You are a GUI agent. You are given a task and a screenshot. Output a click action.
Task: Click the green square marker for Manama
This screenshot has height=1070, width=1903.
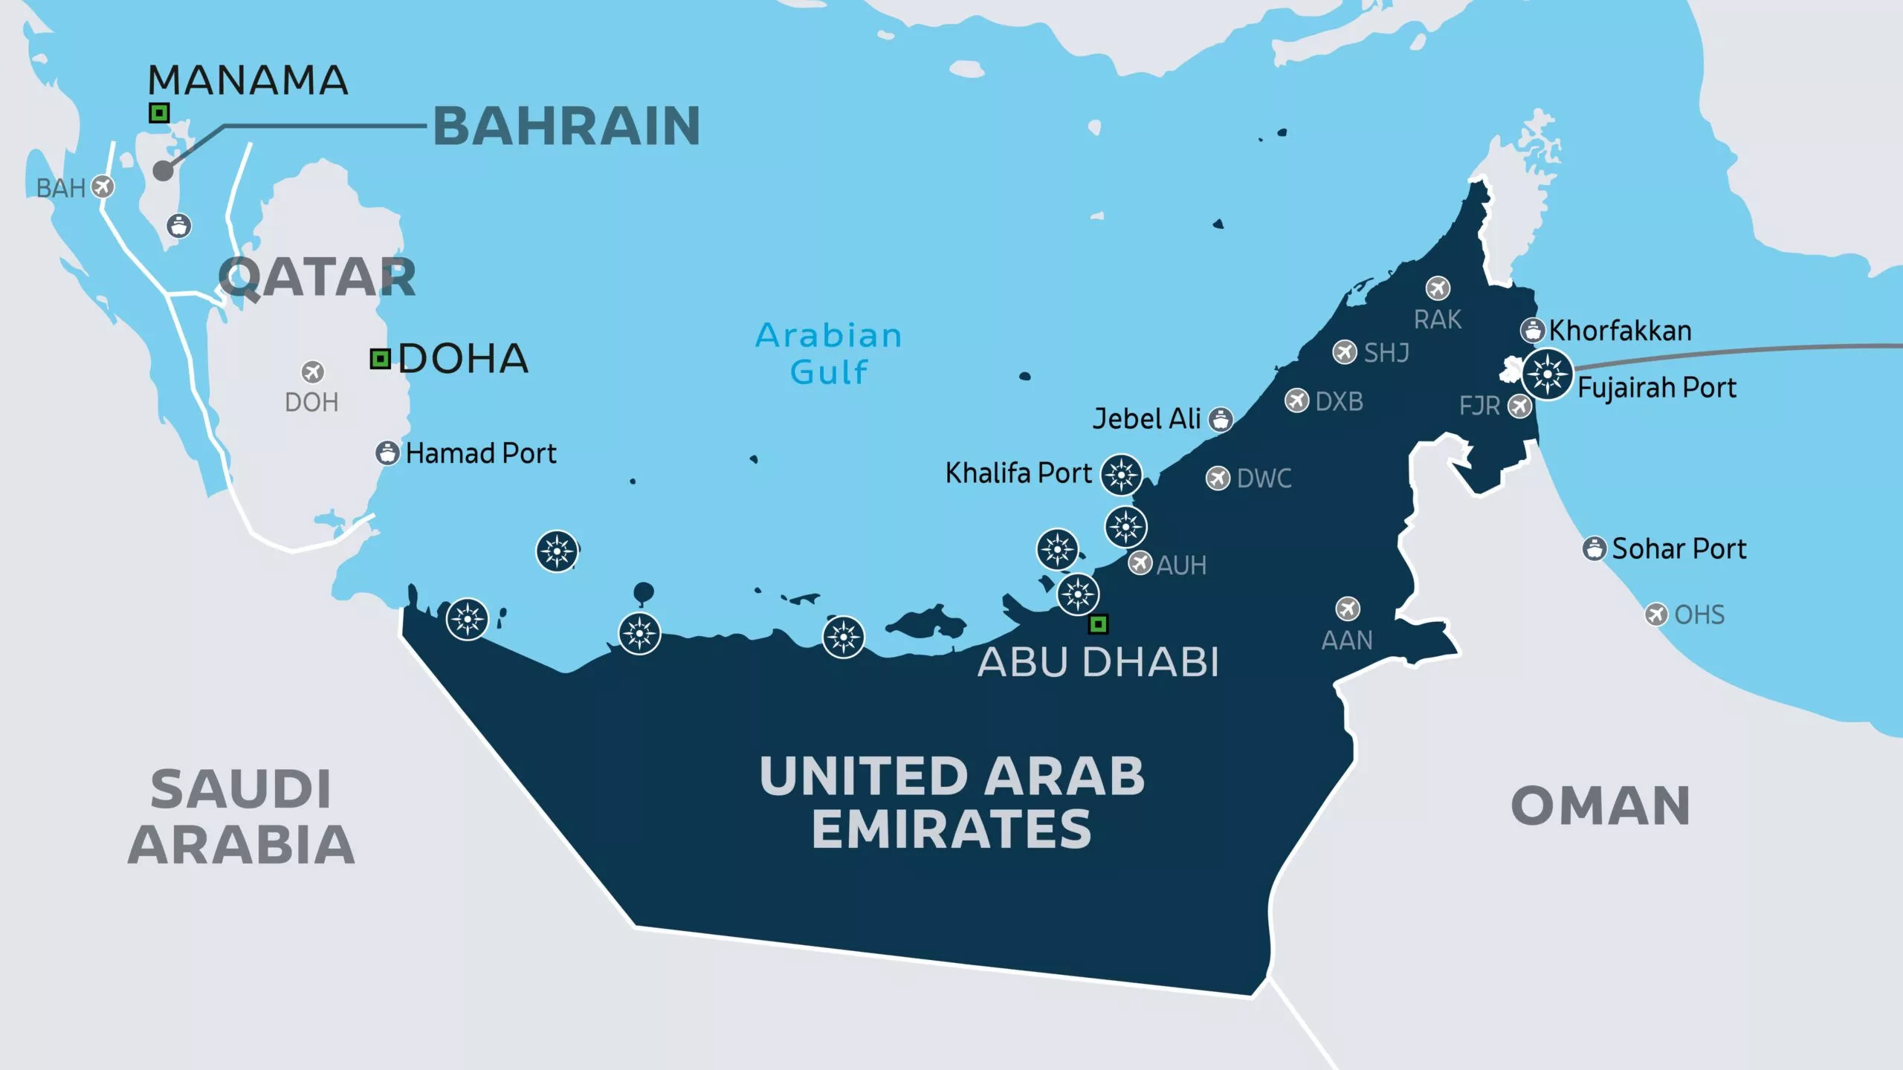pos(159,113)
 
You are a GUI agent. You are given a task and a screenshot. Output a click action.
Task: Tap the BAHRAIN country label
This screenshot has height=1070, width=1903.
pos(566,126)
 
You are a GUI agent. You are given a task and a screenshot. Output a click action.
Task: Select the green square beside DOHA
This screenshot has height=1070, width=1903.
pos(381,359)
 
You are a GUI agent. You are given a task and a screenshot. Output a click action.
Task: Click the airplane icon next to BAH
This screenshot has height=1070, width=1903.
pos(103,187)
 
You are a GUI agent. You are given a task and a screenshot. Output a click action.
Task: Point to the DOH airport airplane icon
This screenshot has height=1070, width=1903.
pos(313,372)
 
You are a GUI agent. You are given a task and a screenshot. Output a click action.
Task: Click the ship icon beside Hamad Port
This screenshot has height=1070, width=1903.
pos(387,453)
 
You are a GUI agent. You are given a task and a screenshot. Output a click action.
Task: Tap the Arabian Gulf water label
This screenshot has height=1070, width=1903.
pos(829,354)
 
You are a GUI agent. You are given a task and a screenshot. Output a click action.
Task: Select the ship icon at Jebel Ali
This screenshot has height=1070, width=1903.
pos(1221,419)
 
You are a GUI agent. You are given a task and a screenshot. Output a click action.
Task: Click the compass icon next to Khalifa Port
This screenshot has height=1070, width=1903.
pos(1121,474)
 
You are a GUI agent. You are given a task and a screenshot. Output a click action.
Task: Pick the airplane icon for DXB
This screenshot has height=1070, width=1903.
pos(1297,401)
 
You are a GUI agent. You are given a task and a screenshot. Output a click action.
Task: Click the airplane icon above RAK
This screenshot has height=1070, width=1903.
pos(1438,288)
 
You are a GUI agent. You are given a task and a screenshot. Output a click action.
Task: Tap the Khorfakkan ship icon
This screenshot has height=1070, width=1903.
pos(1532,330)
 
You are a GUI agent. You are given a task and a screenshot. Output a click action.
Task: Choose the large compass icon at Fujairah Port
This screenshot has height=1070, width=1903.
pos(1547,374)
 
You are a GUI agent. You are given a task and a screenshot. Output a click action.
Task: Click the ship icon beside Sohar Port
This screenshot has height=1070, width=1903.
pos(1594,549)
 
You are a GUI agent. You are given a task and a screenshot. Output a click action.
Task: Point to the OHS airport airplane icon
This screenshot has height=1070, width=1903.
pos(1656,615)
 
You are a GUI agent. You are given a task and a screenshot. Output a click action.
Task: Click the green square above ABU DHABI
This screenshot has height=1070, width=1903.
pos(1098,624)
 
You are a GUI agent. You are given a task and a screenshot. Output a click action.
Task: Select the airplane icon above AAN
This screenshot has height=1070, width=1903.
pos(1348,609)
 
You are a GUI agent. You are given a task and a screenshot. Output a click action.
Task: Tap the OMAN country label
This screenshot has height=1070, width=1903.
pos(1600,805)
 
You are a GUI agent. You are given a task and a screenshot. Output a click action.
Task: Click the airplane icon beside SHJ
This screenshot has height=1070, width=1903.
pos(1345,351)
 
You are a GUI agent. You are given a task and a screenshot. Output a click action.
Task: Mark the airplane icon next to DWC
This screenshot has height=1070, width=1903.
pos(1218,478)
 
